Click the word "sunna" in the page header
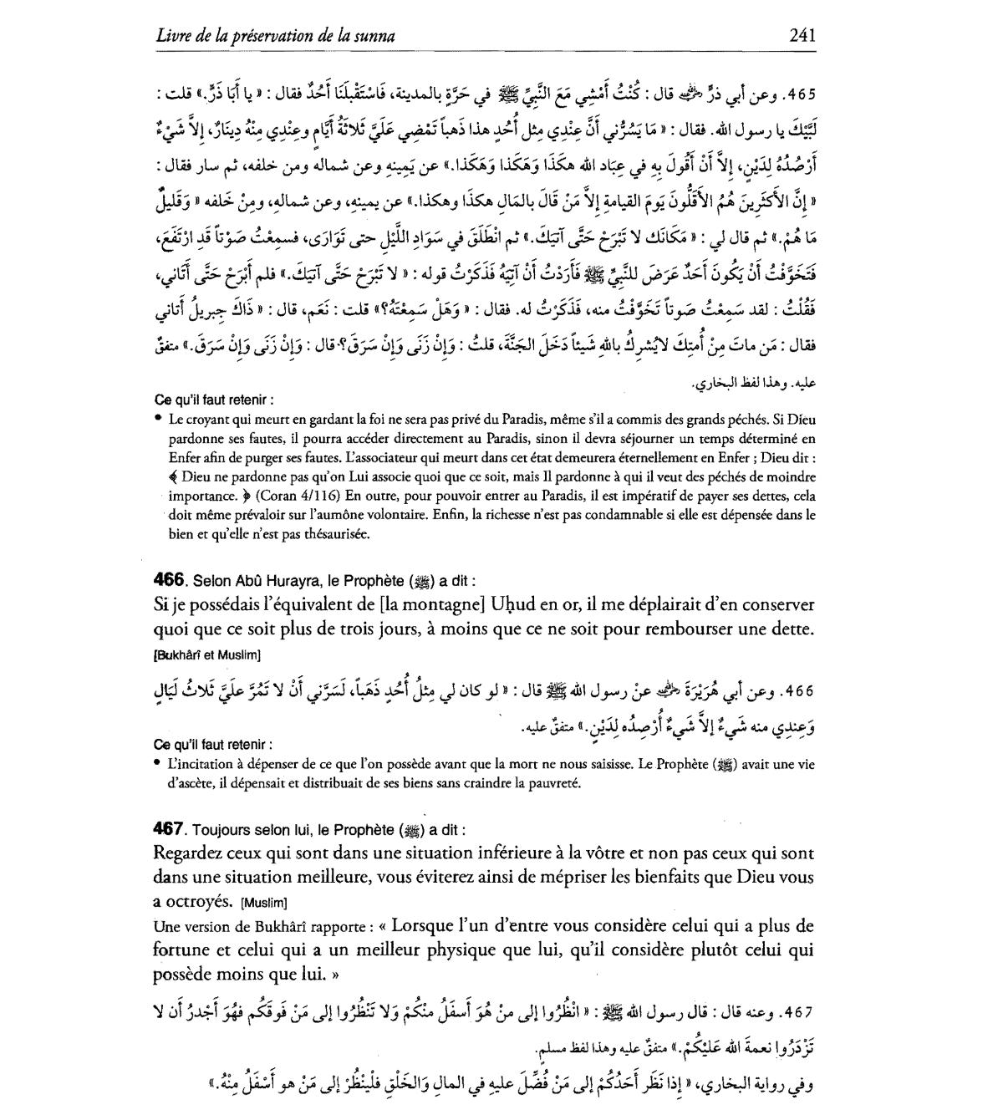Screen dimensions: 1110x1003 374,35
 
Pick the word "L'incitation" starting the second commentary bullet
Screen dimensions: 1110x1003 201,763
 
